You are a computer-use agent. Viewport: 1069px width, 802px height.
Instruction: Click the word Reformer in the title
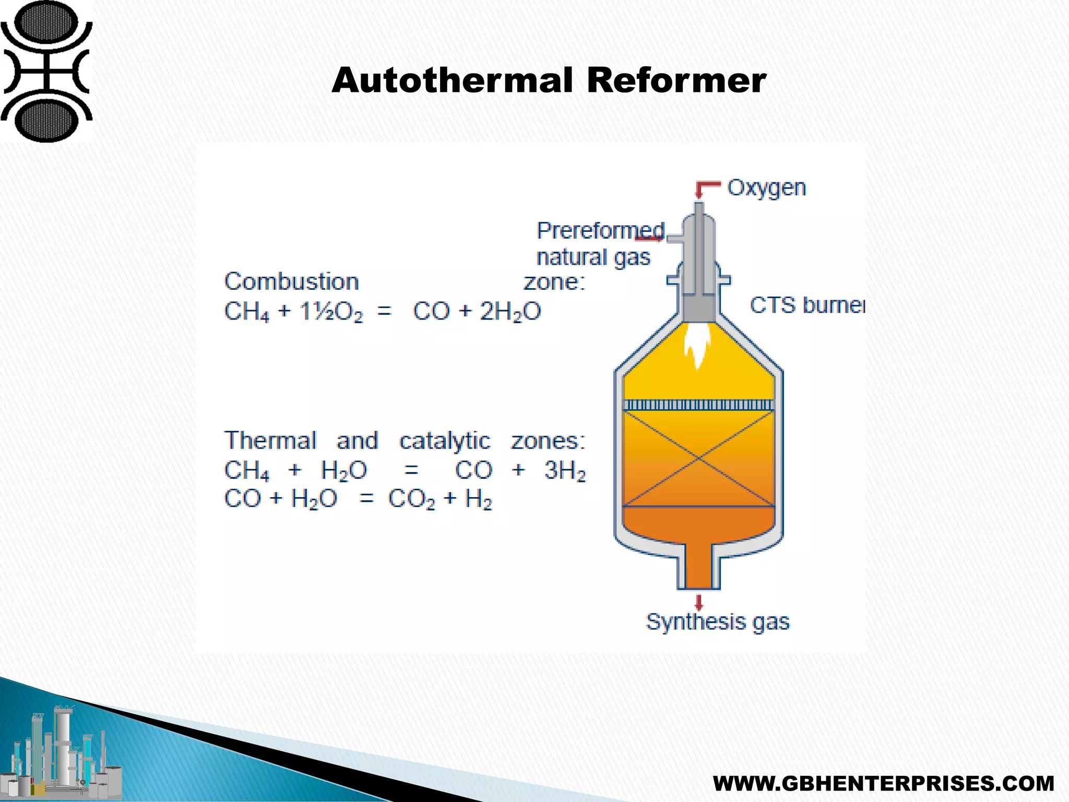point(676,81)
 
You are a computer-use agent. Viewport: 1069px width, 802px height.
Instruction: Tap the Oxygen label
point(766,188)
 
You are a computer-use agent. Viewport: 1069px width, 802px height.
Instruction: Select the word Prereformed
point(600,230)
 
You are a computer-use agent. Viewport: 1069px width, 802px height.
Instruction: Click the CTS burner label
point(806,305)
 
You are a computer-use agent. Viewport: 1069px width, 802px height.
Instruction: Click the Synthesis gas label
point(718,622)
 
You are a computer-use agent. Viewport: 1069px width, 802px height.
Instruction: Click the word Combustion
point(291,282)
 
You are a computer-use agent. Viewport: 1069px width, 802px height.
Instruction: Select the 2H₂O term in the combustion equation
point(510,312)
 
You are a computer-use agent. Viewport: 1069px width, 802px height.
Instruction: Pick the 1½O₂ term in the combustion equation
point(331,312)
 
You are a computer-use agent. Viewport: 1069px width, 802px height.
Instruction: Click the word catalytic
point(445,441)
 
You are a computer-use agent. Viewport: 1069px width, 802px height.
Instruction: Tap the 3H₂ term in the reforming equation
point(565,470)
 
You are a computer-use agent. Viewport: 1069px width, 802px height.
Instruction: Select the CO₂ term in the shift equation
point(411,499)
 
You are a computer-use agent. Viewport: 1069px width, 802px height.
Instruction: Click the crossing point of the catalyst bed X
point(699,458)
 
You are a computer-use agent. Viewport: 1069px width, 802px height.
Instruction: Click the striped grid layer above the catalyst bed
point(699,405)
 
